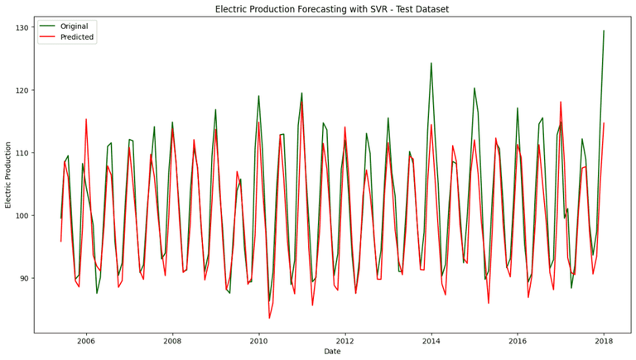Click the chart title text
pyautogui.click(x=331, y=9)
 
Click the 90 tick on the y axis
pyautogui.click(x=24, y=278)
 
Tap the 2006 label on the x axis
pyautogui.click(x=86, y=340)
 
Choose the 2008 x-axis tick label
pyautogui.click(x=172, y=340)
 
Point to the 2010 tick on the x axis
pyautogui.click(x=259, y=340)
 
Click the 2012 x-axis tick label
pyautogui.click(x=345, y=340)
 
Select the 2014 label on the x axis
pyautogui.click(x=431, y=340)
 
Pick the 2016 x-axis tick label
pyautogui.click(x=518, y=340)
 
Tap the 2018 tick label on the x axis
pyautogui.click(x=604, y=340)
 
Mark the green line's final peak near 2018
pyautogui.click(x=604, y=31)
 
